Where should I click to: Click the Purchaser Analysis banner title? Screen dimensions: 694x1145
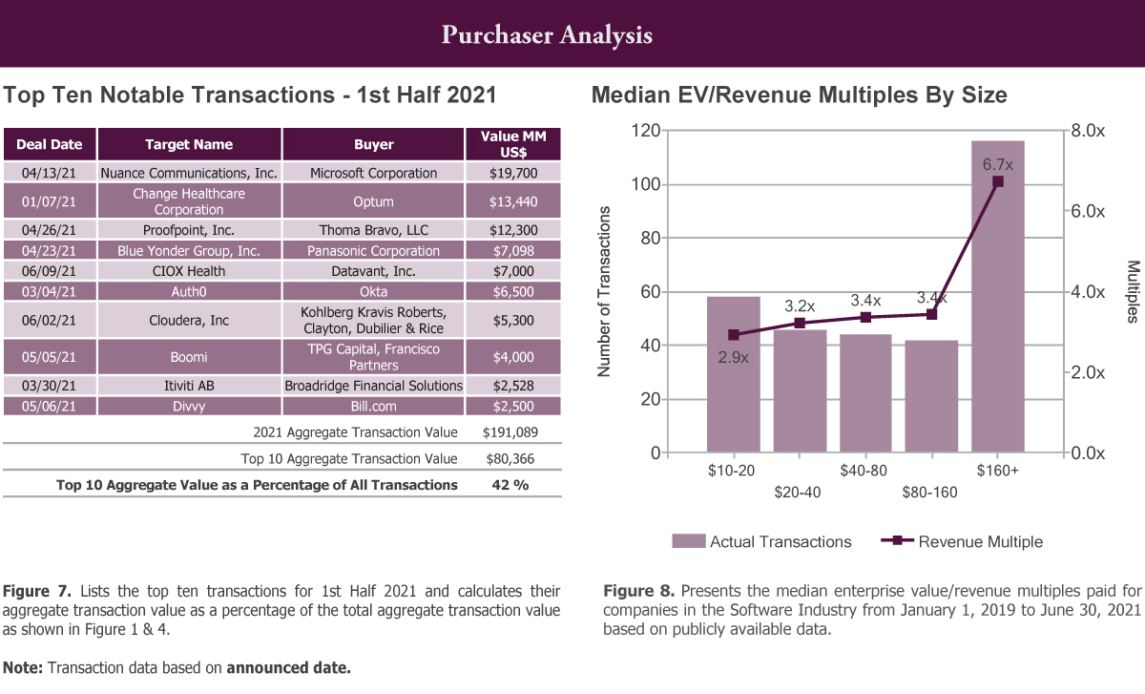coord(547,35)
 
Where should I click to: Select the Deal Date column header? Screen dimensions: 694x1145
coord(50,145)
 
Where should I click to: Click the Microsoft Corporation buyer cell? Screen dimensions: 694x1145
coord(373,173)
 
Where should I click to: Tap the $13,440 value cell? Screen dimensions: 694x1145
coord(513,201)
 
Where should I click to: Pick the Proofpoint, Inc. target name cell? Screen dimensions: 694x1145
coord(189,230)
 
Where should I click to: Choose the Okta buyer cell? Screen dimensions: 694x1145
coord(373,292)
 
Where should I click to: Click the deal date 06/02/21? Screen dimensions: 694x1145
coord(50,321)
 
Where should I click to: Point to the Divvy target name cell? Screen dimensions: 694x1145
coord(189,407)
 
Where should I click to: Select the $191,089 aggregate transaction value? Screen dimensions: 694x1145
coord(513,431)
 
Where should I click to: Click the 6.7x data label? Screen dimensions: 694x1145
coord(998,165)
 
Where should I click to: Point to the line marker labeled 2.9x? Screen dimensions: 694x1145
coord(734,335)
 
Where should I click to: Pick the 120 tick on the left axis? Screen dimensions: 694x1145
coord(647,131)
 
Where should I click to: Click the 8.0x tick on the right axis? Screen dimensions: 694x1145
coord(1087,131)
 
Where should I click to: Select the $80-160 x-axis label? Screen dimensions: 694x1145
coord(929,493)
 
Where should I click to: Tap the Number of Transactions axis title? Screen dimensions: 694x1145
coord(604,290)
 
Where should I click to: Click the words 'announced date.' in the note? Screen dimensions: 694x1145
coord(288,667)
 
